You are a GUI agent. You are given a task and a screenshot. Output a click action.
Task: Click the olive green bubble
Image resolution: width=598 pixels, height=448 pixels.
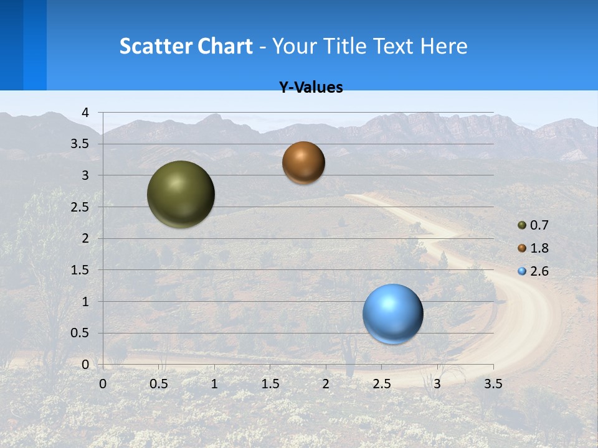181,194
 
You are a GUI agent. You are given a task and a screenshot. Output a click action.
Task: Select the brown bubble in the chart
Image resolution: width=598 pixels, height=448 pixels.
303,162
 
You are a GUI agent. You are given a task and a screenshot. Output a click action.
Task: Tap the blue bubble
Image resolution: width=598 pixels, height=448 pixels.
392,314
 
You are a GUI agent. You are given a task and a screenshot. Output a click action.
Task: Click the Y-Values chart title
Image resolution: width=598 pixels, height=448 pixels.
311,88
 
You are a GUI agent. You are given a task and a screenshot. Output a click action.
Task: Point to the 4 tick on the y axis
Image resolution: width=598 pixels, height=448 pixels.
85,113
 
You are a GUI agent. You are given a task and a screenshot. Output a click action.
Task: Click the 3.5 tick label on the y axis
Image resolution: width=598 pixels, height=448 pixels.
80,144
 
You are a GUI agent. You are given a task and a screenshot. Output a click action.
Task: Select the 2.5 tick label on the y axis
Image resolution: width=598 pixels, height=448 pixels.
80,207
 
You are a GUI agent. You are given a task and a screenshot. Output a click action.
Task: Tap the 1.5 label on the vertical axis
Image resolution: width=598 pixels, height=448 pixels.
80,270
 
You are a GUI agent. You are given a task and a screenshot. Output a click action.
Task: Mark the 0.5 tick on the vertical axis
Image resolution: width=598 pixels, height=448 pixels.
80,333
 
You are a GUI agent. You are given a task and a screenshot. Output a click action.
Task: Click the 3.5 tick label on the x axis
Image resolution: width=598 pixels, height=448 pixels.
493,384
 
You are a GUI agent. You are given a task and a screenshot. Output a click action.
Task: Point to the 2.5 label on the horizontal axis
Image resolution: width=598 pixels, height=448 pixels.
381,384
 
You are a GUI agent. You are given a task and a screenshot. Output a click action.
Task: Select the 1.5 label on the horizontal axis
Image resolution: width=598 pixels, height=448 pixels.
270,384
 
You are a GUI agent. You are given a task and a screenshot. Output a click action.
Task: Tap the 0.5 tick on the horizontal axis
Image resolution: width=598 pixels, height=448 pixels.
158,384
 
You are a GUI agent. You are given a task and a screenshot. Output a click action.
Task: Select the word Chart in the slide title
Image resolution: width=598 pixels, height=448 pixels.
225,46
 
